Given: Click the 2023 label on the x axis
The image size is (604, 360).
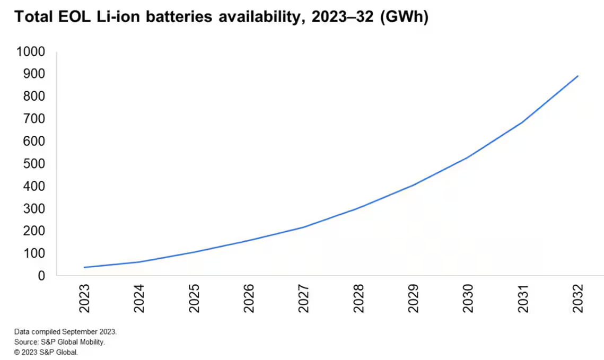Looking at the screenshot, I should click(x=85, y=298).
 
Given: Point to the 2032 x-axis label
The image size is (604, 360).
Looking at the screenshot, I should click(x=577, y=298).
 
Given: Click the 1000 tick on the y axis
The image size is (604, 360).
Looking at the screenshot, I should click(x=31, y=51).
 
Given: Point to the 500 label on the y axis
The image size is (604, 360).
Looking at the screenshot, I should click(x=34, y=164).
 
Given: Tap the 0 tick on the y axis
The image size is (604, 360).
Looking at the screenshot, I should click(x=41, y=276).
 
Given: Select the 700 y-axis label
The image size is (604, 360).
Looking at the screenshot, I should click(x=34, y=119).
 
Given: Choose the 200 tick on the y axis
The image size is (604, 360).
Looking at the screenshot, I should click(x=34, y=231).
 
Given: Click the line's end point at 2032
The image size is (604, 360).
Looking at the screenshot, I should click(x=577, y=76).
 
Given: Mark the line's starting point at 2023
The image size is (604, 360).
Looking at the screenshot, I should click(x=85, y=267).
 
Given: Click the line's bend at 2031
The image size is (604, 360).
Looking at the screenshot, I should click(x=523, y=122).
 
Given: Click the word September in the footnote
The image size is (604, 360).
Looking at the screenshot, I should click(x=81, y=331).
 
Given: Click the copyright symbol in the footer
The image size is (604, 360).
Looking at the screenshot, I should click(x=17, y=352).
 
